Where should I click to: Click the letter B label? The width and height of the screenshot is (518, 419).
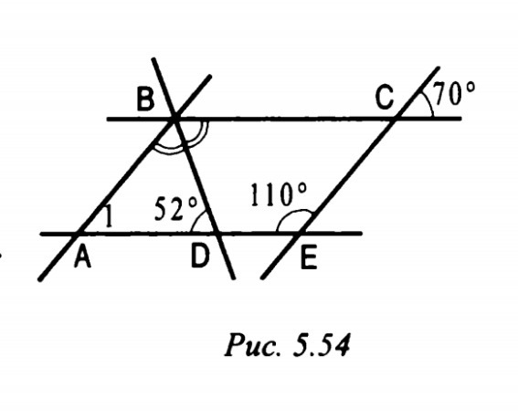click(x=145, y=100)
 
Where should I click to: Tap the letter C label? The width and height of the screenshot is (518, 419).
click(x=385, y=98)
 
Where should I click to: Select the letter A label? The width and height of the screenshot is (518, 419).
click(x=82, y=257)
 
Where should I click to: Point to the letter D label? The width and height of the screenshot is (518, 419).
click(x=200, y=257)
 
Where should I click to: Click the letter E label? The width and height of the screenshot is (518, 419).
click(x=309, y=258)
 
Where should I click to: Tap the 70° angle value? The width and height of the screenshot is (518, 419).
click(x=454, y=93)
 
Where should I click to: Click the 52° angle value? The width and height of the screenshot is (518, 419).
click(x=176, y=209)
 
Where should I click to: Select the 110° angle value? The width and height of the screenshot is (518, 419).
click(x=279, y=194)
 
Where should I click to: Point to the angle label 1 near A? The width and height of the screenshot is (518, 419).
click(x=109, y=216)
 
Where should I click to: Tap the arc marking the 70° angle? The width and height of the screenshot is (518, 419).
click(x=428, y=103)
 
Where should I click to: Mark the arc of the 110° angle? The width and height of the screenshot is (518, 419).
click(x=293, y=212)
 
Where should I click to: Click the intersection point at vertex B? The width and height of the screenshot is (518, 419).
click(x=174, y=118)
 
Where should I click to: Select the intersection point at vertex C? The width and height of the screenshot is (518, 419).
click(x=396, y=118)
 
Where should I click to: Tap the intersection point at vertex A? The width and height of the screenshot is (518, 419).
click(x=78, y=234)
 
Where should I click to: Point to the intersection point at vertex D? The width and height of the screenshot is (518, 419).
click(x=217, y=234)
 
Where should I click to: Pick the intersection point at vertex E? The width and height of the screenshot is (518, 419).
click(x=300, y=234)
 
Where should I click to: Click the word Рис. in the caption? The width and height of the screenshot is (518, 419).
click(x=254, y=344)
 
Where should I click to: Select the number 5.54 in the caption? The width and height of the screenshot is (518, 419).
click(x=322, y=345)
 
